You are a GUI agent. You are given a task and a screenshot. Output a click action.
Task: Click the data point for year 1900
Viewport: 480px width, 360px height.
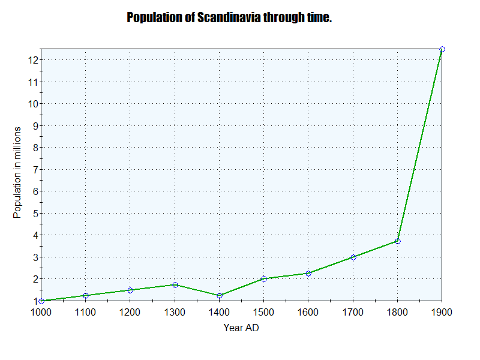coord(442,49)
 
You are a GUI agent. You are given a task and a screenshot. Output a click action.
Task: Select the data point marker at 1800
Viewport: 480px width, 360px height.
coord(397,241)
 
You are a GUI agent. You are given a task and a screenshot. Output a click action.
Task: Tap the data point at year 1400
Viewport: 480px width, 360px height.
coord(220,296)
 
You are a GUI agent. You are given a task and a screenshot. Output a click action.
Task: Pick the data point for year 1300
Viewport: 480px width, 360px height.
coord(175,285)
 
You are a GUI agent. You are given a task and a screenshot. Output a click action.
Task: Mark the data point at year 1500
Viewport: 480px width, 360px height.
coord(264,279)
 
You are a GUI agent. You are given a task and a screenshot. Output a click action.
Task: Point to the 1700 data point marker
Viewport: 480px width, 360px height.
coord(353,257)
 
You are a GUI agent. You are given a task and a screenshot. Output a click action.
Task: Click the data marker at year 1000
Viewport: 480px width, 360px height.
coord(41,301)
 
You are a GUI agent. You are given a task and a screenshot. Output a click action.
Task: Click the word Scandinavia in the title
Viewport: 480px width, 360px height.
coord(230,17)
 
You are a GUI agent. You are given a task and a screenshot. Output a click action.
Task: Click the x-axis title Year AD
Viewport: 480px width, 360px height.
coord(241,328)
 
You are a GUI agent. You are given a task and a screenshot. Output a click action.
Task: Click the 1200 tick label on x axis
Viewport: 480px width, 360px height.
coord(130,312)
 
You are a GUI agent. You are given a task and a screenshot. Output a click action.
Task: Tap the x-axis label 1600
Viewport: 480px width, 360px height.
coord(308,312)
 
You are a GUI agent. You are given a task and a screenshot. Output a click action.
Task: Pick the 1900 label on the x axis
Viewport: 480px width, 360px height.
coord(442,312)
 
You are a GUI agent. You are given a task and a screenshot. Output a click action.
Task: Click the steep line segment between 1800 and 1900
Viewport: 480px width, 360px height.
coord(420,145)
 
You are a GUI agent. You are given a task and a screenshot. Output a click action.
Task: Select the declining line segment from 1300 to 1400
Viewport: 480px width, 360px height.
coord(197,290)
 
